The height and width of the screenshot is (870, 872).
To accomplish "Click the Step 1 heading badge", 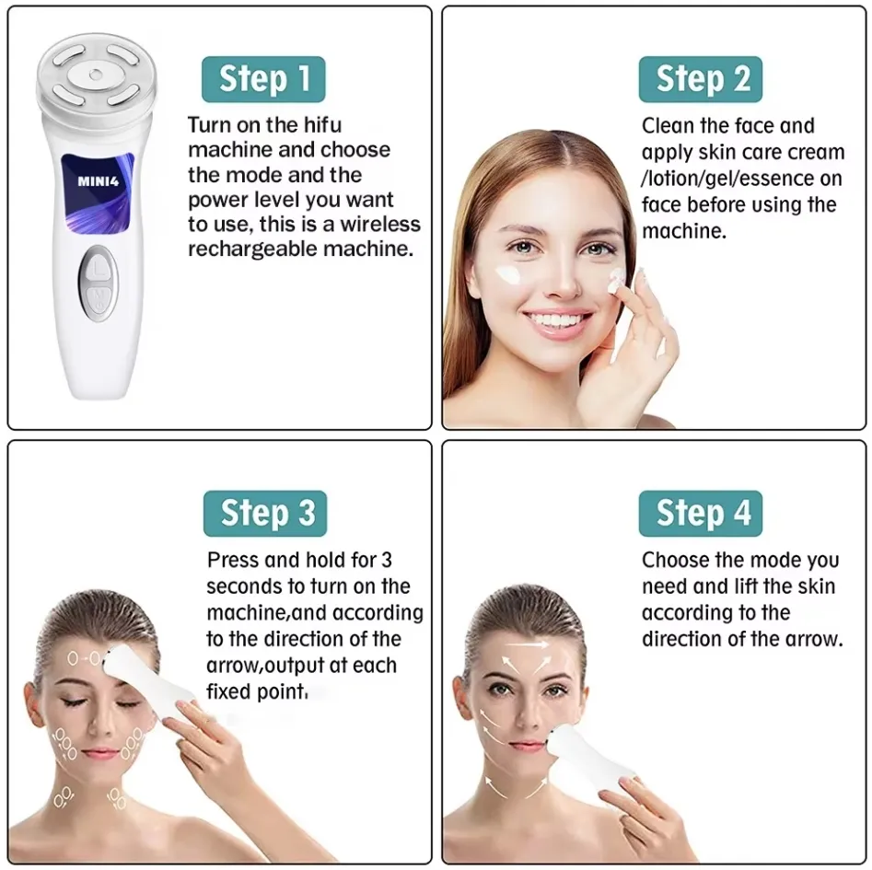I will click(262, 79).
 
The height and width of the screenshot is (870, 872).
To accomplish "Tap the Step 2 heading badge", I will click(700, 79).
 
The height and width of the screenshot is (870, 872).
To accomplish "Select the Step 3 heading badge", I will click(265, 513).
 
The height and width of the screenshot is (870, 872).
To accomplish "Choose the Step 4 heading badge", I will click(700, 513).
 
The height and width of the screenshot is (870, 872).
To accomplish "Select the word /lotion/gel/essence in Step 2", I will click(725, 179).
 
